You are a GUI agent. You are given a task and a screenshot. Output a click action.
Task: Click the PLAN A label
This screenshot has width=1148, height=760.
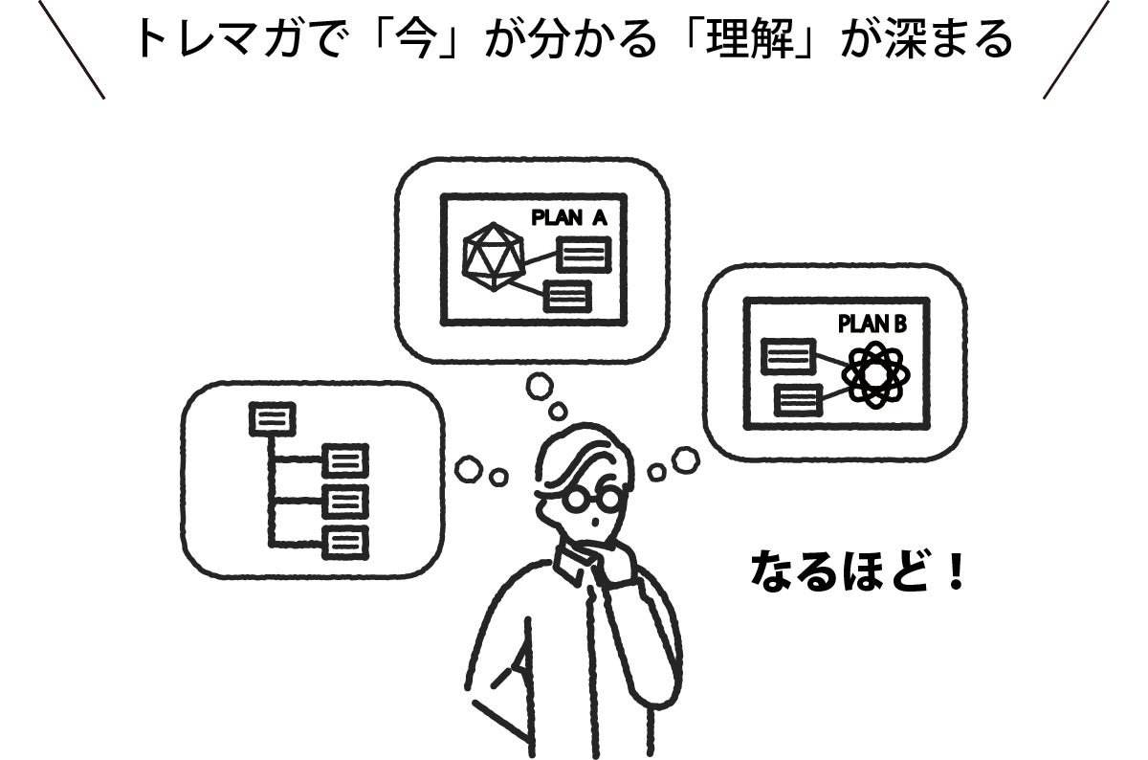tap(568, 218)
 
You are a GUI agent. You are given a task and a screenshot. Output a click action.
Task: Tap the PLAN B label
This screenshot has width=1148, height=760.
tap(872, 324)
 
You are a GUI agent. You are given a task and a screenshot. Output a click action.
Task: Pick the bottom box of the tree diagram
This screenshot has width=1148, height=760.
tap(344, 541)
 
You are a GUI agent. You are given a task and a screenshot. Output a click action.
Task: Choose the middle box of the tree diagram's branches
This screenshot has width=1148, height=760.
tap(344, 501)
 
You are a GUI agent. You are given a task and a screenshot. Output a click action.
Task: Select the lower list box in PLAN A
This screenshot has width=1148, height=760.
tap(567, 296)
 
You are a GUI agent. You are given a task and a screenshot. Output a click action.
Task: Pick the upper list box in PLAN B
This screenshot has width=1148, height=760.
tap(788, 357)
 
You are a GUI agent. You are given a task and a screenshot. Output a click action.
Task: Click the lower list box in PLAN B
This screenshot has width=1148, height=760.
tap(799, 399)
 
